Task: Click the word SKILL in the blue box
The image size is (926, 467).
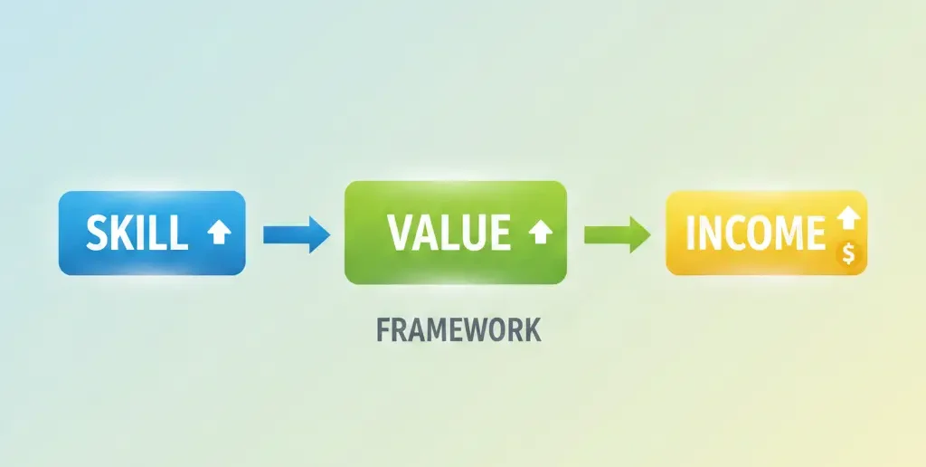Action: coord(137,233)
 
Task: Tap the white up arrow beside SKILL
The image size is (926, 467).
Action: coord(219,233)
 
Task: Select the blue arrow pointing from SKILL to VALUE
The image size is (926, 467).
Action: coord(297,234)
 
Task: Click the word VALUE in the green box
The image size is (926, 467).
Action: coord(449,233)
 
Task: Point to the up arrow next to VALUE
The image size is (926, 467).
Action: coord(541,233)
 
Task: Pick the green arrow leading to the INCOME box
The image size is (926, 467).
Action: coord(618,234)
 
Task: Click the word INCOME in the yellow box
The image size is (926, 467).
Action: coord(755,233)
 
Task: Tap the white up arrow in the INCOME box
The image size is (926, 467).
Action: coord(848,217)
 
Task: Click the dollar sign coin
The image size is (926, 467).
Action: coord(849,254)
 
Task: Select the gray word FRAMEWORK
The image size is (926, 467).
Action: coord(458,329)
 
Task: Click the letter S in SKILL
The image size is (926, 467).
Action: coord(98,233)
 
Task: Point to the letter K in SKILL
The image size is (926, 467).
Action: coord(127,233)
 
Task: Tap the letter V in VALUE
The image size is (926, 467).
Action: coord(402,233)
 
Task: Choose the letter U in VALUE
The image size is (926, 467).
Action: coord(472,233)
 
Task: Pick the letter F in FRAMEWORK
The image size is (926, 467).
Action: coord(383,329)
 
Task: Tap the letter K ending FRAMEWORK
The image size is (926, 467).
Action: coord(534,329)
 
